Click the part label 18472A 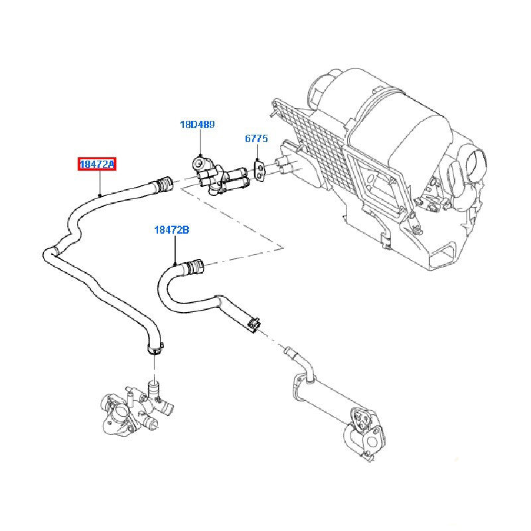(x=98, y=164)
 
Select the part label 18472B (x=172, y=230)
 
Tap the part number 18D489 (x=197, y=124)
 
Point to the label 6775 (x=256, y=139)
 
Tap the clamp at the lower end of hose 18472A (x=154, y=348)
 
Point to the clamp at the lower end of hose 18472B (x=253, y=323)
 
